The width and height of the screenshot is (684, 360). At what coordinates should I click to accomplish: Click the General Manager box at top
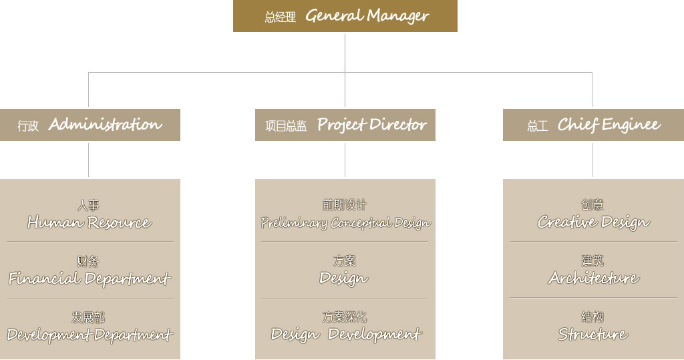pos(345,16)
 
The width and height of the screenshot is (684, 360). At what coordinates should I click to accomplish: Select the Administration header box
pos(90,125)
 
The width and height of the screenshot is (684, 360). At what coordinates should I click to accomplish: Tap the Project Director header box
pos(345,125)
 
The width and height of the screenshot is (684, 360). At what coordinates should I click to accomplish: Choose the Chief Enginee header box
pos(593,125)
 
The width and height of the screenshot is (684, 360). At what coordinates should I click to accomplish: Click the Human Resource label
pos(89,222)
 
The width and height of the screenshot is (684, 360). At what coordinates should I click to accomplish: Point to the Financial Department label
pos(90,279)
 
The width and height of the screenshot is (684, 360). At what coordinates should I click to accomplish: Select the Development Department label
pos(90,335)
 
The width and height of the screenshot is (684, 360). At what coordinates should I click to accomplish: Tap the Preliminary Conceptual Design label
pos(345,222)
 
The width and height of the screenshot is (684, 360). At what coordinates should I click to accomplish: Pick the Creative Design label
pos(593,222)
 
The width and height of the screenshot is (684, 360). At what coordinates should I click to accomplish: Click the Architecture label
pos(593,278)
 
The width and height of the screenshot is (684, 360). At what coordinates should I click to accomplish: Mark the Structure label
pos(592,334)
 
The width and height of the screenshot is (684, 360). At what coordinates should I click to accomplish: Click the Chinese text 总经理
pos(280,17)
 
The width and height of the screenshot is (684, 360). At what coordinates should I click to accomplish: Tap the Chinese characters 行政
pos(28,126)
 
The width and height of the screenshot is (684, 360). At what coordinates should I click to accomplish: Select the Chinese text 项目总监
pos(286,126)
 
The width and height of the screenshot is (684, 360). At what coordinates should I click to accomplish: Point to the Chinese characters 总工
pos(537,126)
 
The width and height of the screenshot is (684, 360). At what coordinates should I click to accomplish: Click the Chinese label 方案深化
pos(345,317)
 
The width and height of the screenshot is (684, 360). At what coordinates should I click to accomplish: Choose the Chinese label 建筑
pos(592,260)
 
